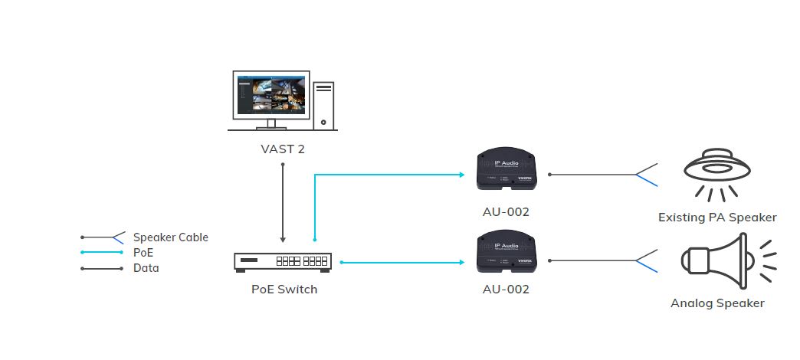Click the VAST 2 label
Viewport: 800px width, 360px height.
[283, 149]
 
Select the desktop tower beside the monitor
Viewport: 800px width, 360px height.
[324, 103]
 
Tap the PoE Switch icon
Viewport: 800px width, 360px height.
[282, 261]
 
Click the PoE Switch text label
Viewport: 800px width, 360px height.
[284, 290]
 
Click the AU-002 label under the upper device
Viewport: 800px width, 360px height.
[507, 211]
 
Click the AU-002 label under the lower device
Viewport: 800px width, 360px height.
[507, 290]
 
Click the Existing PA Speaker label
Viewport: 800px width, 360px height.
[717, 218]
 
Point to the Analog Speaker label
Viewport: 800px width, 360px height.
[717, 303]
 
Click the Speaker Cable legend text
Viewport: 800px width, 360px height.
[170, 237]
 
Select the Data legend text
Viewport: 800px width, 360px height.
[146, 268]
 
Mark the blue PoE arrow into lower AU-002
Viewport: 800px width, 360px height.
[402, 262]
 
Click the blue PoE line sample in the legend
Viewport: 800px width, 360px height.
[102, 253]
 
